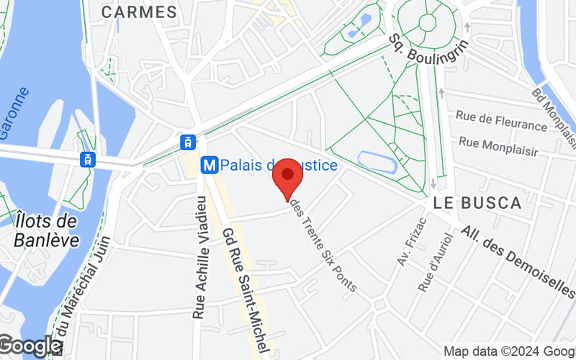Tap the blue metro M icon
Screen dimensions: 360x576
click(x=210, y=166)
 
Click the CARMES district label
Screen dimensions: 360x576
click(x=139, y=12)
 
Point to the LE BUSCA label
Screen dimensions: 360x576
click(x=478, y=203)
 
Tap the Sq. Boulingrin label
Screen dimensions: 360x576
click(x=429, y=47)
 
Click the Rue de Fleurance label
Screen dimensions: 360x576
click(x=502, y=120)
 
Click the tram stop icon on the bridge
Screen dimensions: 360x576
click(x=87, y=158)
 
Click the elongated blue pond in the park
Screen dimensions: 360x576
click(x=377, y=162)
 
